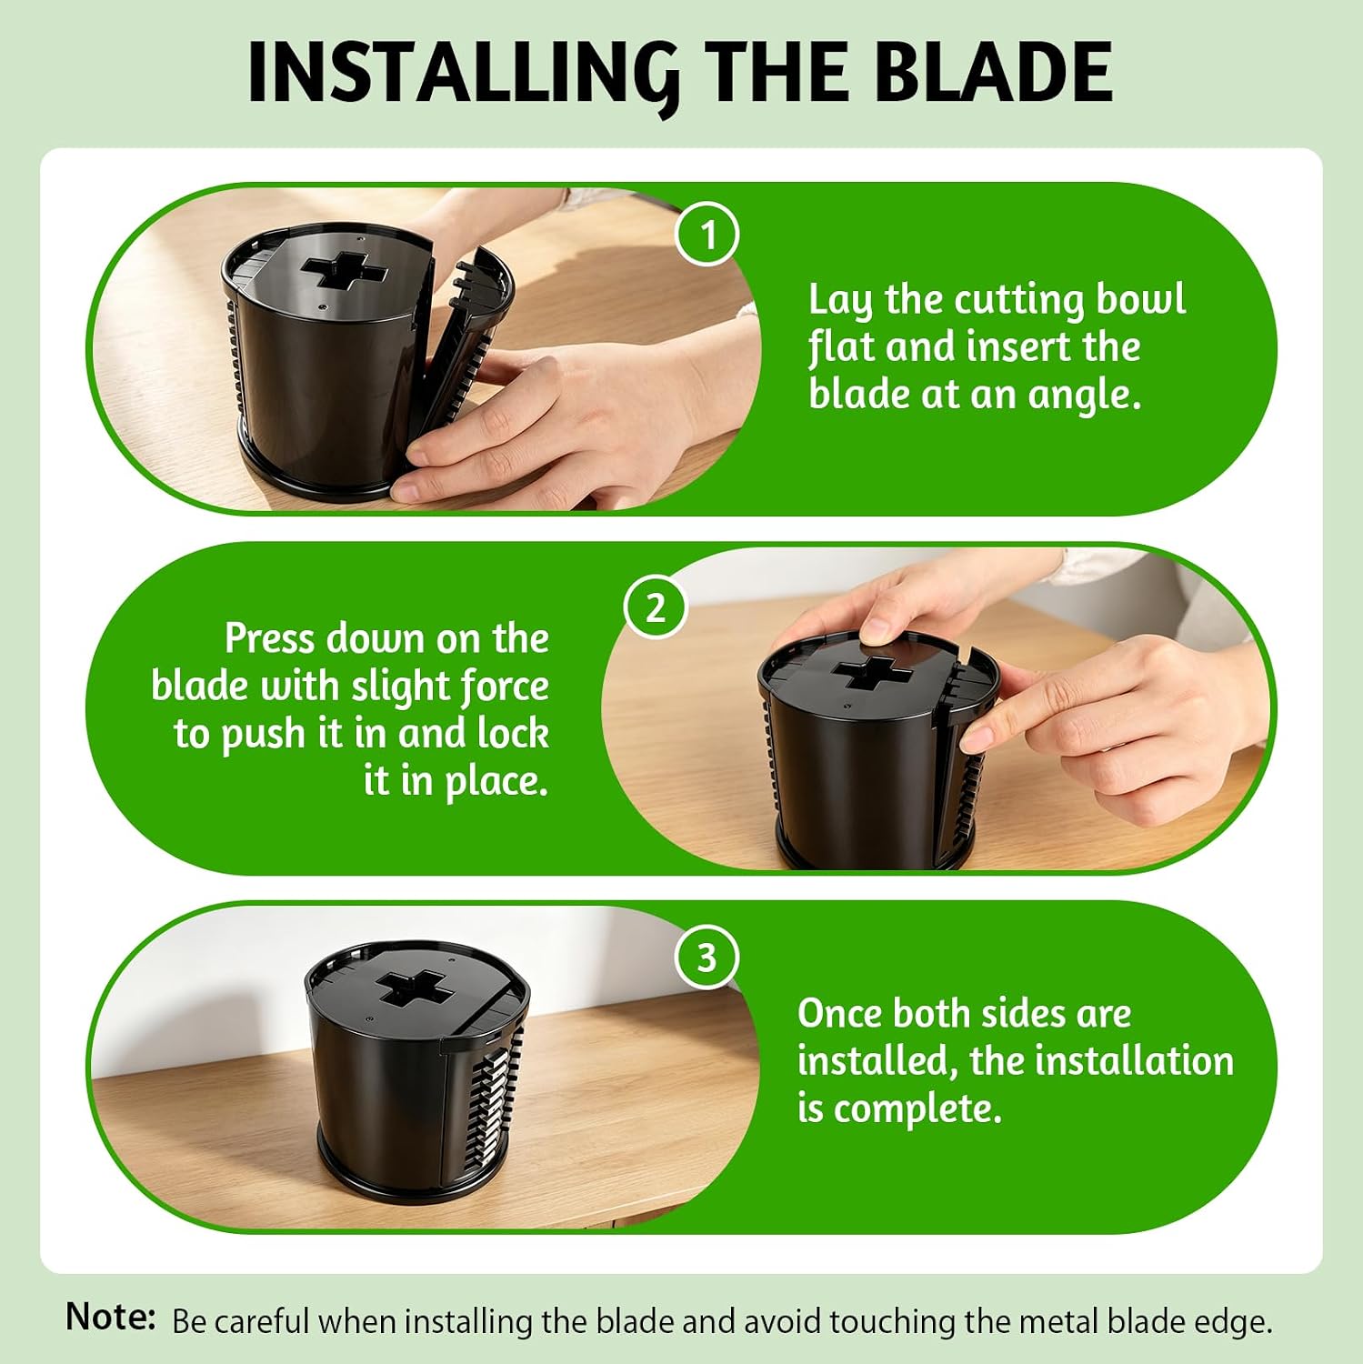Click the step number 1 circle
[708, 236]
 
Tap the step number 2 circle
[656, 607]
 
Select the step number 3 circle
[707, 958]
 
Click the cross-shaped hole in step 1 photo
[345, 272]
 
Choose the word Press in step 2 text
[271, 638]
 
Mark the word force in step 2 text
[505, 687]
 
